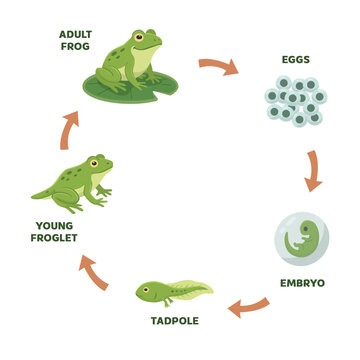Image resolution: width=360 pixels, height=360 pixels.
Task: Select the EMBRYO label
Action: tap(301, 283)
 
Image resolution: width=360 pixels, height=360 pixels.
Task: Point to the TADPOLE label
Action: tap(175, 321)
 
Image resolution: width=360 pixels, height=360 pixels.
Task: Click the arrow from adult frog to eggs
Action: tap(218, 67)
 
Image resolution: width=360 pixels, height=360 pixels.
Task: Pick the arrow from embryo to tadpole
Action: tap(248, 307)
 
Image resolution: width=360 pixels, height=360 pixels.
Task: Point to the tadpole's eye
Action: tap(150, 289)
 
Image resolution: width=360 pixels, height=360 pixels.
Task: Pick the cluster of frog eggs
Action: tap(296, 100)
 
